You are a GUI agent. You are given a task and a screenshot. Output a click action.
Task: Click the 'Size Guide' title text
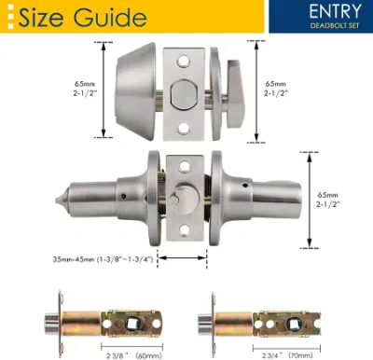[82, 17]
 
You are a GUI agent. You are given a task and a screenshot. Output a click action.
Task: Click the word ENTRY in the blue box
[336, 12]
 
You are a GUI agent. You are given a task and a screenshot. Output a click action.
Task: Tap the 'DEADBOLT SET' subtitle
[335, 25]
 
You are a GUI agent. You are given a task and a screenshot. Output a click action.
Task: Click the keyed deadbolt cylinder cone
[135, 91]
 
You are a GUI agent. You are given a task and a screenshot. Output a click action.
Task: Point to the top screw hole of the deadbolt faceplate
[184, 62]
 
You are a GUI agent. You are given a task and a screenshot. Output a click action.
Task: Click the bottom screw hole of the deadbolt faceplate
[184, 129]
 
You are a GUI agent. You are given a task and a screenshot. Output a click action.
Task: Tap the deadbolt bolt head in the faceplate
[184, 95]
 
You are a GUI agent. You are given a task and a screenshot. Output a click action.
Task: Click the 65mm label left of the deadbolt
[85, 84]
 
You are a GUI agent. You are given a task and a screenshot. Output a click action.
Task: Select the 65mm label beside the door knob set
[327, 195]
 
